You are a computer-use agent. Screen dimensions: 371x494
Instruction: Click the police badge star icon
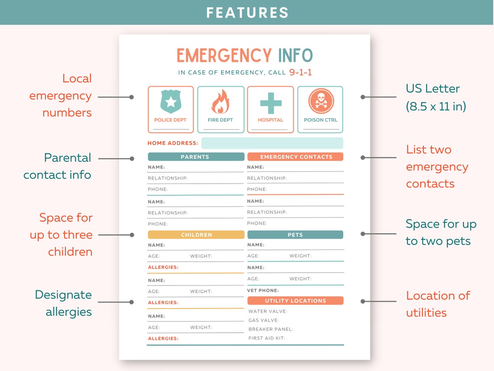click(x=170, y=102)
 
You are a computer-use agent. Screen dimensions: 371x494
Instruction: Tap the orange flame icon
click(x=220, y=102)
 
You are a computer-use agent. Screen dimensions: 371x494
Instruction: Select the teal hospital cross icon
click(x=270, y=103)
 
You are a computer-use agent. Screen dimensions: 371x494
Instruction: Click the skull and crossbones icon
click(x=320, y=101)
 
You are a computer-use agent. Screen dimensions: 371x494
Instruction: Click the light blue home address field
click(x=272, y=143)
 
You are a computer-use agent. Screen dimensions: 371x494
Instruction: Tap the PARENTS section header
click(x=196, y=157)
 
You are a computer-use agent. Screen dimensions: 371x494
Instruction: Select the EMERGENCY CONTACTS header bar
click(x=296, y=157)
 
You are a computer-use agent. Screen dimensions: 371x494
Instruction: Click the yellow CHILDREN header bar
click(x=196, y=235)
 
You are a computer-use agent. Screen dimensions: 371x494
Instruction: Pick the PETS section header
click(x=295, y=235)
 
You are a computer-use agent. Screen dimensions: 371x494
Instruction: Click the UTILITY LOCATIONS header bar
click(x=295, y=301)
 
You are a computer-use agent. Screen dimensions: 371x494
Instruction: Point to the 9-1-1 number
click(x=300, y=72)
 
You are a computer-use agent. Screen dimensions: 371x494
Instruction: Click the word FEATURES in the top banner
click(x=247, y=13)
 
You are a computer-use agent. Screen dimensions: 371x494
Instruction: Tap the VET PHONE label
click(x=263, y=290)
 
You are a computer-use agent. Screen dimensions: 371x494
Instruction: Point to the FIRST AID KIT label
click(x=266, y=338)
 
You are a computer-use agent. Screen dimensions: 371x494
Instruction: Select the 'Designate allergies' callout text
click(x=64, y=303)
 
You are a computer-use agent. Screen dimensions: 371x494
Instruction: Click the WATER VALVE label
click(x=267, y=311)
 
